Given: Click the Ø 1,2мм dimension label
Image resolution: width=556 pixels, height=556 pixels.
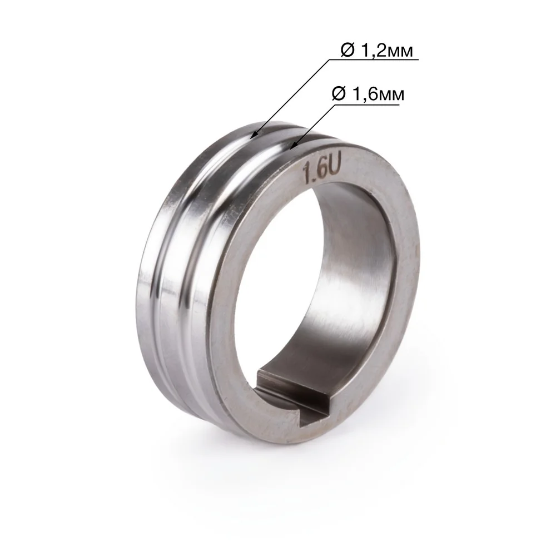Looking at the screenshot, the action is click(376, 51).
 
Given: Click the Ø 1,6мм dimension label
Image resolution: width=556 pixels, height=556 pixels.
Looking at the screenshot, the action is click(368, 95).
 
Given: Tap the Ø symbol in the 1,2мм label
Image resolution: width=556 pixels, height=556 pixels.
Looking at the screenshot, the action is click(348, 51).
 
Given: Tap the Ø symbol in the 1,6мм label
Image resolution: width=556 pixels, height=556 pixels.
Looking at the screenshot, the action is click(339, 95).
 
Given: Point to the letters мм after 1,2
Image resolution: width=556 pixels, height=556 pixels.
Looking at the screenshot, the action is click(399, 52).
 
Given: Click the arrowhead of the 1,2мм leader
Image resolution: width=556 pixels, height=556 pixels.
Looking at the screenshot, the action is click(252, 135).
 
